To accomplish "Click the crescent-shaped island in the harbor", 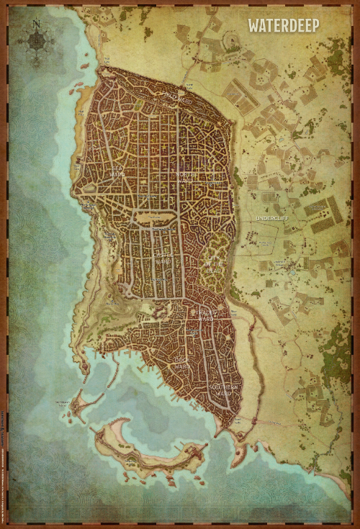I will pyautogui.click(x=144, y=450).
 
